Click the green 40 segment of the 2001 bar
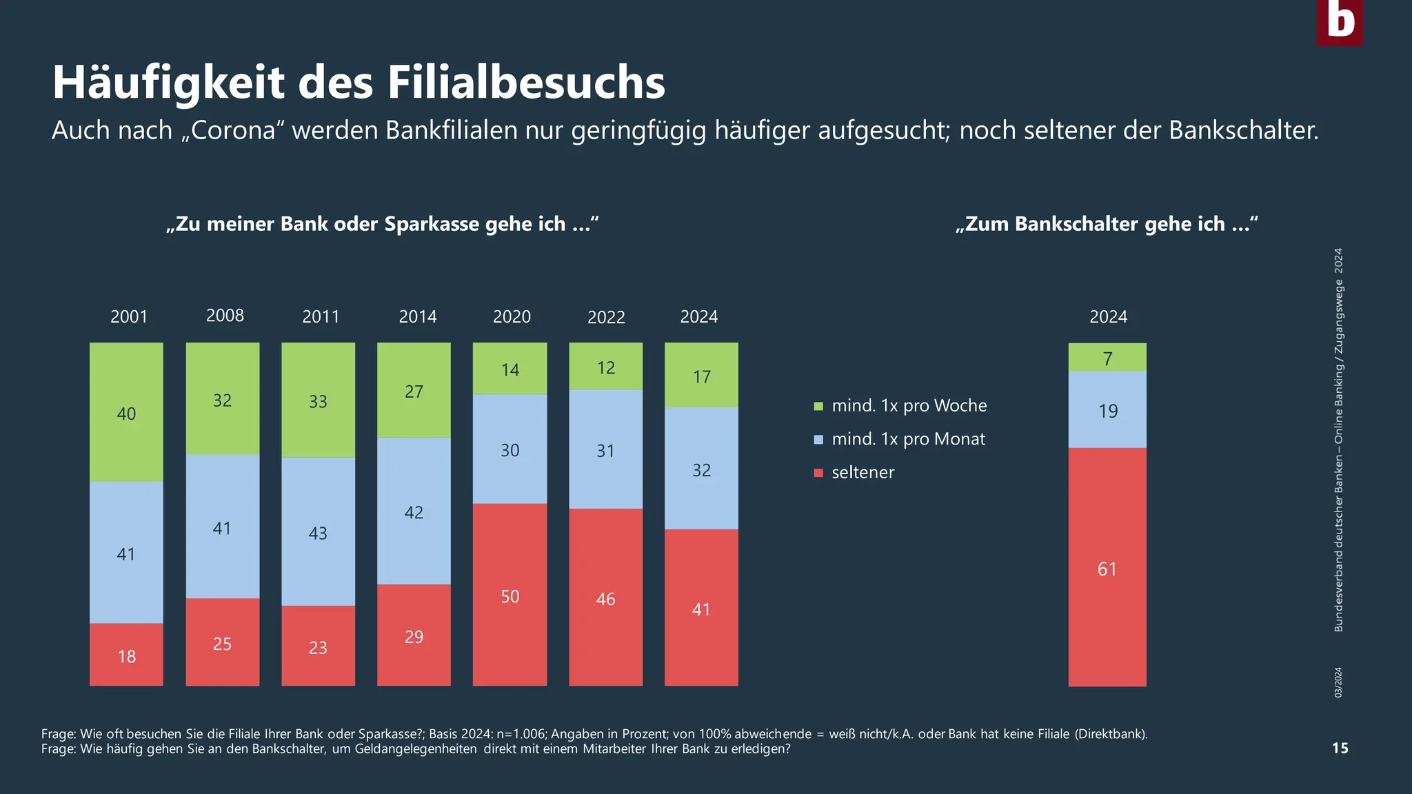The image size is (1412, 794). [126, 412]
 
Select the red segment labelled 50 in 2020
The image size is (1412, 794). [510, 594]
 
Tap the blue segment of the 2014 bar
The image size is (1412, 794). [414, 511]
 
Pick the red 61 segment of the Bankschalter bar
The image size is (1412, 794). [1107, 567]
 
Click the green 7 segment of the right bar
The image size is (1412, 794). [1107, 358]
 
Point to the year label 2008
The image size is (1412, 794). [225, 316]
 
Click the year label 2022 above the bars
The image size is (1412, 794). [606, 317]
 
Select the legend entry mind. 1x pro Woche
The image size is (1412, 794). [909, 406]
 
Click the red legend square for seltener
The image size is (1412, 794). [818, 473]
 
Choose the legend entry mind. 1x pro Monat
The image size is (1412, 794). [908, 439]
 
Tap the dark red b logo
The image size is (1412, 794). [1340, 22]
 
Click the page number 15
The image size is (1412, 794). [1340, 749]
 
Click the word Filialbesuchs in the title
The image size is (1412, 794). [525, 83]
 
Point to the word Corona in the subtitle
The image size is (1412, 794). [232, 130]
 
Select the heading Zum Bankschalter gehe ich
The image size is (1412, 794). [1107, 224]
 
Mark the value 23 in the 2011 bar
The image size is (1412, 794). [318, 648]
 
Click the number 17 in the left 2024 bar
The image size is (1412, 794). [701, 377]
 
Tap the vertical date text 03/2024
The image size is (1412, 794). [1338, 682]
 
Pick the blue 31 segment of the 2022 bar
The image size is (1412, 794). [605, 449]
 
